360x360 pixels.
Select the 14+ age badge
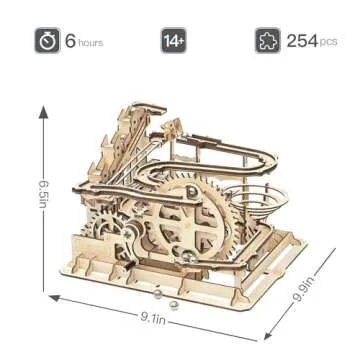(172, 43)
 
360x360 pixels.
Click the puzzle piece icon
(266, 43)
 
